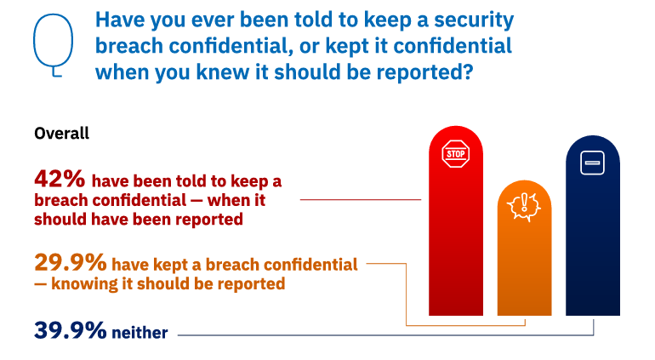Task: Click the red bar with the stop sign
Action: coord(456,220)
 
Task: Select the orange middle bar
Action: coord(524,248)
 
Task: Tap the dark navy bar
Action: coord(593,226)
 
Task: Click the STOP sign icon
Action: coord(456,154)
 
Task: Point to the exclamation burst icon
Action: coord(524,207)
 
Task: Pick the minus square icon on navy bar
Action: coord(592,163)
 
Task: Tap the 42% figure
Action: coord(60,179)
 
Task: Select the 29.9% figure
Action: coord(70,263)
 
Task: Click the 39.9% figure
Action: coord(70,330)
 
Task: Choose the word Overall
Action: coord(62,134)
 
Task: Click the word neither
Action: coord(140,333)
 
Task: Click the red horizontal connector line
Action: coord(361,200)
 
